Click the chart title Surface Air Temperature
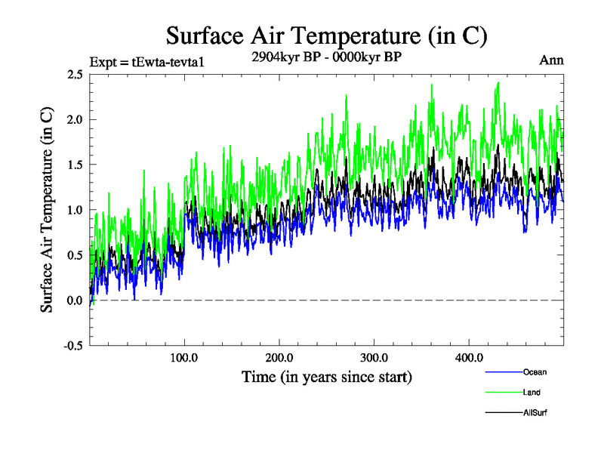click(325, 35)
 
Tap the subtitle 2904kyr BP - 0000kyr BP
click(325, 57)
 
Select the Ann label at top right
click(552, 60)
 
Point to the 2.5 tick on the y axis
click(75, 74)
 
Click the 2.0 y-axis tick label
click(75, 119)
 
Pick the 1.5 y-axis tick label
click(75, 165)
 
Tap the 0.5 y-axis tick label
click(75, 255)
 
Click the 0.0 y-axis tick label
click(75, 300)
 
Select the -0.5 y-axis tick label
click(72, 346)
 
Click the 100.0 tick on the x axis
click(185, 357)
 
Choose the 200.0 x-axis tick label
click(279, 357)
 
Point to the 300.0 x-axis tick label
click(374, 357)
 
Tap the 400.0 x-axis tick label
click(470, 357)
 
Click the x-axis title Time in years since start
click(327, 376)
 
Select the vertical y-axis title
click(47, 210)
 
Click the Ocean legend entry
click(535, 372)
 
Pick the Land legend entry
click(532, 392)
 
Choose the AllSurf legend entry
click(535, 412)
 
